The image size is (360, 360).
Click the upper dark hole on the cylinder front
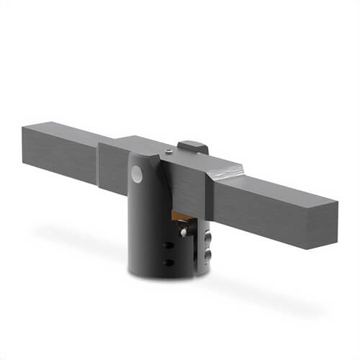(x=169, y=246)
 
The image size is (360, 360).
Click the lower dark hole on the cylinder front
(x=169, y=262)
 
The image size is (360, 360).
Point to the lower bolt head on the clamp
(x=208, y=254)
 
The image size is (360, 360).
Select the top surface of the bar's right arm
(x=274, y=184)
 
